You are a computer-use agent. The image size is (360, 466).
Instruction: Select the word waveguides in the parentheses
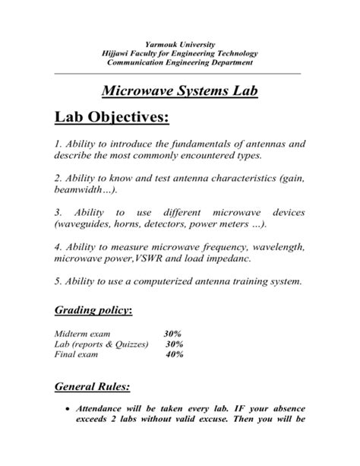pyautogui.click(x=84, y=226)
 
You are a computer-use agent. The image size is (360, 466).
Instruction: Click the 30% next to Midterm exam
pyautogui.click(x=172, y=333)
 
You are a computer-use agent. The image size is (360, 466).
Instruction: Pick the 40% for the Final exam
pyautogui.click(x=175, y=354)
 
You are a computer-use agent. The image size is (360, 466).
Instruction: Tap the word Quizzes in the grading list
pyautogui.click(x=131, y=344)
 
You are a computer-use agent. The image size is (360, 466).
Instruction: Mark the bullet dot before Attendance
pyautogui.click(x=68, y=408)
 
